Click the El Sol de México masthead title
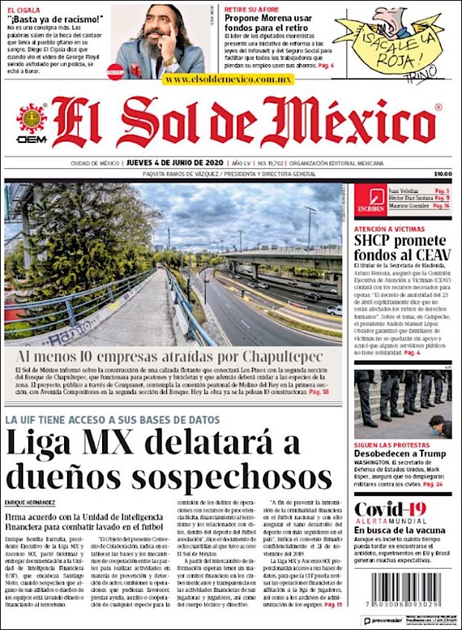click(x=244, y=122)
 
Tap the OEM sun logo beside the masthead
click(x=31, y=120)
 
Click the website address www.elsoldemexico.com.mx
click(x=228, y=79)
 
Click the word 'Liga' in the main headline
click(x=42, y=445)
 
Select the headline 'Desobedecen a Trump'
click(x=400, y=454)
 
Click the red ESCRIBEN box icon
click(x=370, y=200)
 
